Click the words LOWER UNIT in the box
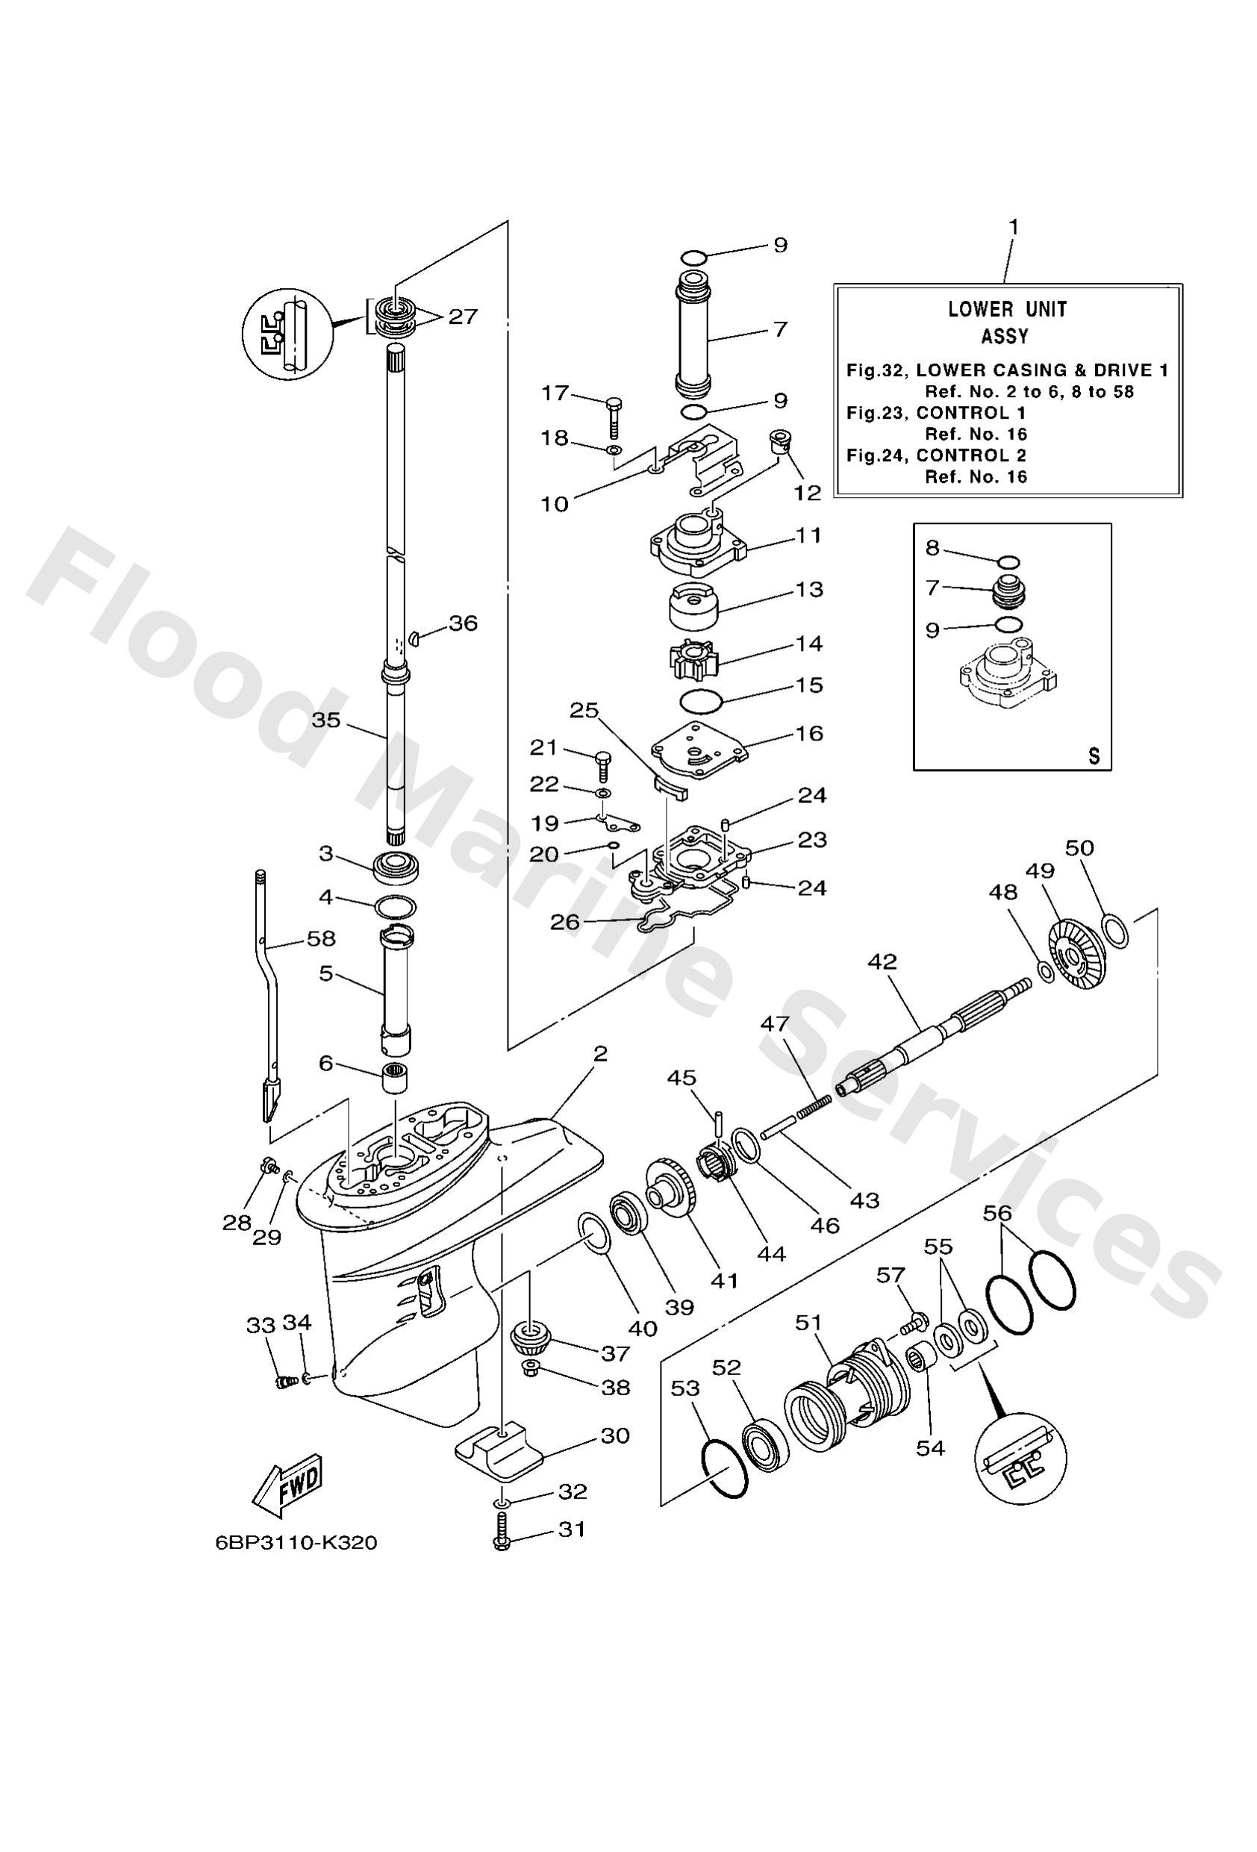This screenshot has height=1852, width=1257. point(1007,309)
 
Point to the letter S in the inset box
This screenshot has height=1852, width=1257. point(1094,756)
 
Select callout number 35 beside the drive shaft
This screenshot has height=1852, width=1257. point(325,720)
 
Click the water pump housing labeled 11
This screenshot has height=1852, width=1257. point(696,543)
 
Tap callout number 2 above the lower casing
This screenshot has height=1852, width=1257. point(599,1054)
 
